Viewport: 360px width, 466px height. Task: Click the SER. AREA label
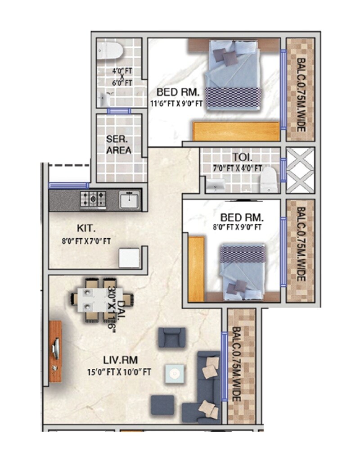click(119, 144)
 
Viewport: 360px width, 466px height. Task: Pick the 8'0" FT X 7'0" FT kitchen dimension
click(86, 241)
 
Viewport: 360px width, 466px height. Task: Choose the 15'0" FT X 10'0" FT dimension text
click(119, 372)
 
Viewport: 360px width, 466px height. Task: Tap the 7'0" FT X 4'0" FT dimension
click(238, 168)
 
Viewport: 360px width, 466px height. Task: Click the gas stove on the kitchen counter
click(94, 199)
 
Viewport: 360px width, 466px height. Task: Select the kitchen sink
click(130, 199)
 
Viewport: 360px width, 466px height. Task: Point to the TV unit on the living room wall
click(55, 351)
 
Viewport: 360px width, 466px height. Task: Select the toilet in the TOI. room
click(268, 179)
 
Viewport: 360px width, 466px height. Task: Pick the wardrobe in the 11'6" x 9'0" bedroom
click(236, 132)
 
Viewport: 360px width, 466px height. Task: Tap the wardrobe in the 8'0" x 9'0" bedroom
click(196, 269)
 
